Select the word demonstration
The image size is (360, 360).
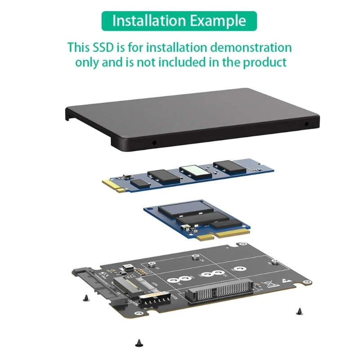[240, 47]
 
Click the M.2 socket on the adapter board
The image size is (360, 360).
[126, 286]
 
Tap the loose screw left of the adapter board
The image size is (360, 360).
[86, 297]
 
